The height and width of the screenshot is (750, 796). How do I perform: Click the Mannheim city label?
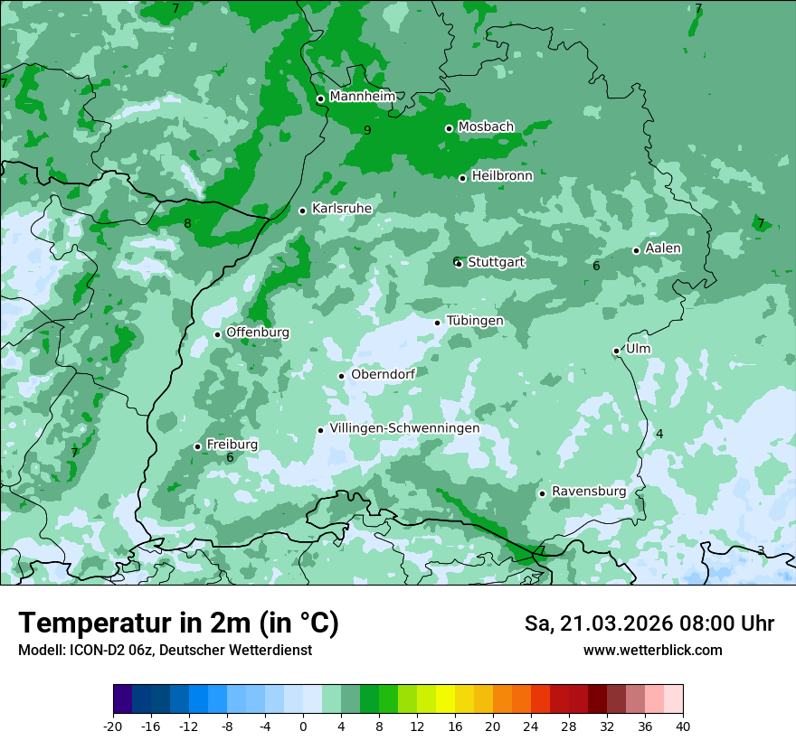click(x=363, y=96)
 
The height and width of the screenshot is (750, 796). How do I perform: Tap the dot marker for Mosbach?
click(x=449, y=128)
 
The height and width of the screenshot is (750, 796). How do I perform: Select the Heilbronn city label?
click(x=502, y=176)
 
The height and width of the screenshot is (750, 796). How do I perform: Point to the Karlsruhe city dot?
click(x=303, y=211)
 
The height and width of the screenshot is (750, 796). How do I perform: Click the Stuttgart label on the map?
click(x=496, y=262)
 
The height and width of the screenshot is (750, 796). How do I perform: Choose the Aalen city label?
click(x=663, y=248)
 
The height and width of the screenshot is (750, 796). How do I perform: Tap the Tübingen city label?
click(x=475, y=321)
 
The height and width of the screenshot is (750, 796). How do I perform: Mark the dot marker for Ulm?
click(x=617, y=351)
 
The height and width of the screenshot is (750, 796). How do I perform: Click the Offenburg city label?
click(x=258, y=333)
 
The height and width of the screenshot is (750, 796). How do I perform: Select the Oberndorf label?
click(x=383, y=374)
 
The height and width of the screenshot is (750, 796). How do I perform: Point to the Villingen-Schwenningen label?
click(x=404, y=428)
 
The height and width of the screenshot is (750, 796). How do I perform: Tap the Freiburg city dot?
click(x=198, y=446)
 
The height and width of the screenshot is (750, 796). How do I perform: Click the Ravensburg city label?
click(x=589, y=492)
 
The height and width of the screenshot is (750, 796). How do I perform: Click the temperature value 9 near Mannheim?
click(x=367, y=130)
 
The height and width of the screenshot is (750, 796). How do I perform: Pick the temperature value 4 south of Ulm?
click(x=659, y=434)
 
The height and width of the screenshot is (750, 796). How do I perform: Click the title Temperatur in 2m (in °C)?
click(x=178, y=623)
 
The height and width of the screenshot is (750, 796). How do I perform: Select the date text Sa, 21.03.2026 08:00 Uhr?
click(x=649, y=623)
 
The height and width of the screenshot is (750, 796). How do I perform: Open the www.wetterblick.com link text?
click(x=652, y=650)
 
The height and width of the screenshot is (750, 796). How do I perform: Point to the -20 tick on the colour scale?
click(x=113, y=727)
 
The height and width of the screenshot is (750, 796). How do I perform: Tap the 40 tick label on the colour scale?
click(x=683, y=727)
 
